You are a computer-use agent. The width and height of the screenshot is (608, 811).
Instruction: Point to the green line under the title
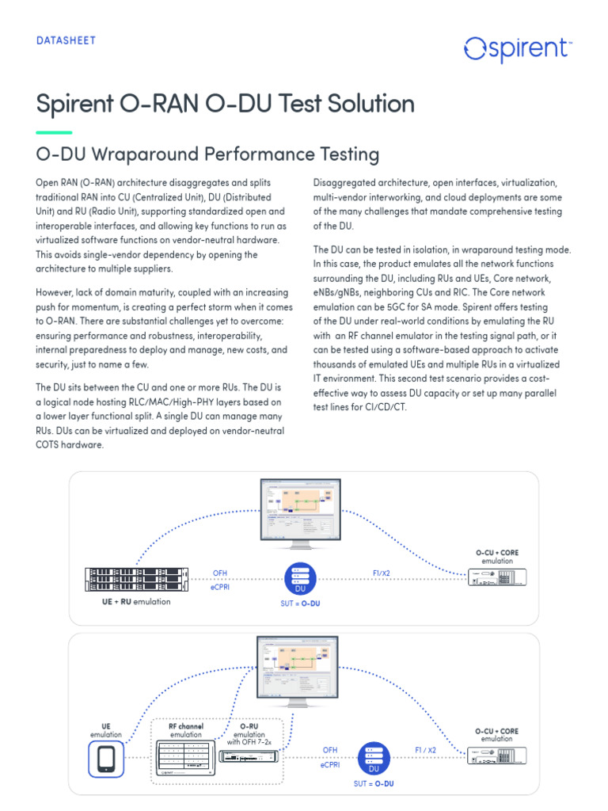54,132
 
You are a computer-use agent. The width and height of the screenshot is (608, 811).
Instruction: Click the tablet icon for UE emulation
106,759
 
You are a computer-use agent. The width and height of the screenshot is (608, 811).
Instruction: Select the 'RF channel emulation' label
186,729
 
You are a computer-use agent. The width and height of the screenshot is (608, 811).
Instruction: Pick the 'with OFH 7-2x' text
249,742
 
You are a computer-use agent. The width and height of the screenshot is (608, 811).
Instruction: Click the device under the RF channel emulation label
186,760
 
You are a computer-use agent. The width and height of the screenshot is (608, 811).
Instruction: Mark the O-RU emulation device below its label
249,758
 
